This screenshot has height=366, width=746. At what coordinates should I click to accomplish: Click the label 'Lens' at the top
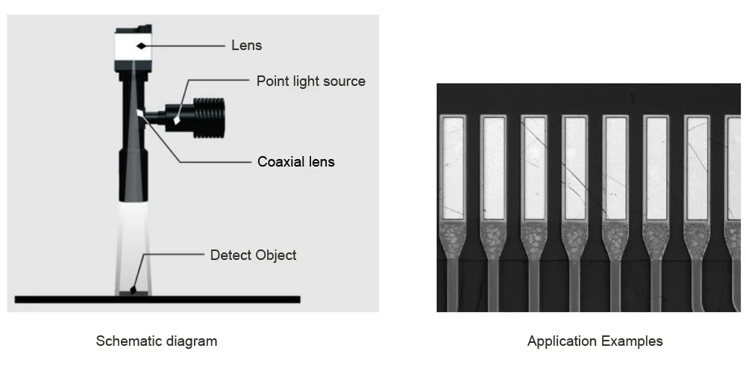(x=246, y=46)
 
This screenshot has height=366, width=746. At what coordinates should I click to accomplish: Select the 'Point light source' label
(x=310, y=81)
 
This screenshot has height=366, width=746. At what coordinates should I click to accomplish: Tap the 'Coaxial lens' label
(x=296, y=161)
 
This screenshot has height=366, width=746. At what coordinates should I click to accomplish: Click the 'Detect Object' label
(x=253, y=255)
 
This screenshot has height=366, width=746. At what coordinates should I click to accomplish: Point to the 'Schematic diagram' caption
(x=157, y=341)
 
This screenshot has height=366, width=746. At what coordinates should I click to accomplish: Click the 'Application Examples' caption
(x=595, y=341)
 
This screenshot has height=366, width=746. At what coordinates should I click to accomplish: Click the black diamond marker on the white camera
(x=141, y=46)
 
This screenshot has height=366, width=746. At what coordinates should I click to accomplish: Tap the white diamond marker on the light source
(x=177, y=120)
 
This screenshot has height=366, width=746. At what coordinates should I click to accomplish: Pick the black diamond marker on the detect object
(x=134, y=289)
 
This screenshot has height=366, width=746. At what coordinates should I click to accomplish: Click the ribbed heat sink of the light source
(x=209, y=118)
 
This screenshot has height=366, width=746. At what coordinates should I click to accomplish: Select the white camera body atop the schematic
(x=133, y=47)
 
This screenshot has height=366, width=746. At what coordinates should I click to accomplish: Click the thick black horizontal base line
(x=157, y=300)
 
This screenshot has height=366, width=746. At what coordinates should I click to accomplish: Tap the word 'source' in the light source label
(x=343, y=81)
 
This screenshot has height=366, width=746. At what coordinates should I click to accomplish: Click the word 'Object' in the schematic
(x=275, y=255)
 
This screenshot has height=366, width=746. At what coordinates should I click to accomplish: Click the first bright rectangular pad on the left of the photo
(x=453, y=168)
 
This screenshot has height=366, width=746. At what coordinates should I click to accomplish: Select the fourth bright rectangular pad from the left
(x=574, y=168)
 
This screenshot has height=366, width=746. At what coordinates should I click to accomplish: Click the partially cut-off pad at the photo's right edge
(x=733, y=168)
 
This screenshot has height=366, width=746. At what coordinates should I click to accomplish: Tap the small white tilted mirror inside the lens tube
(x=140, y=114)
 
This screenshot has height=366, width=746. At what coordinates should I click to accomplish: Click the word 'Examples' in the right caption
(x=632, y=341)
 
